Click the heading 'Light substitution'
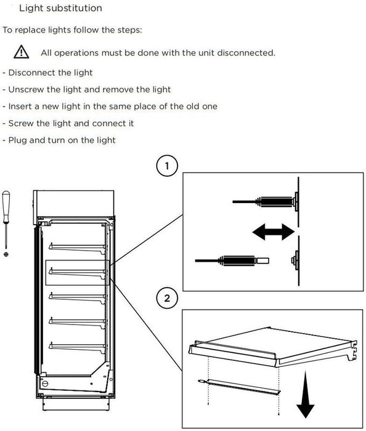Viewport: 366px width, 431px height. [x=60, y=9]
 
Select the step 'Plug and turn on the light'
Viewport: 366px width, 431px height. [x=59, y=140]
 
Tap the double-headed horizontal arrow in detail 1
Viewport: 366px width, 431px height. [x=272, y=232]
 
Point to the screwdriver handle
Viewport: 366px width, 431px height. [x=7, y=203]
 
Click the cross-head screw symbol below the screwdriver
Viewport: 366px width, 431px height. [x=6, y=254]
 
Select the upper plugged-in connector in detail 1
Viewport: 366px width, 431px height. [x=265, y=200]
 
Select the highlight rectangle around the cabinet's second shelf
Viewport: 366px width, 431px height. [x=77, y=272]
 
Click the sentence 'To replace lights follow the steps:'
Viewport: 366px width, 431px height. [x=72, y=30]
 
